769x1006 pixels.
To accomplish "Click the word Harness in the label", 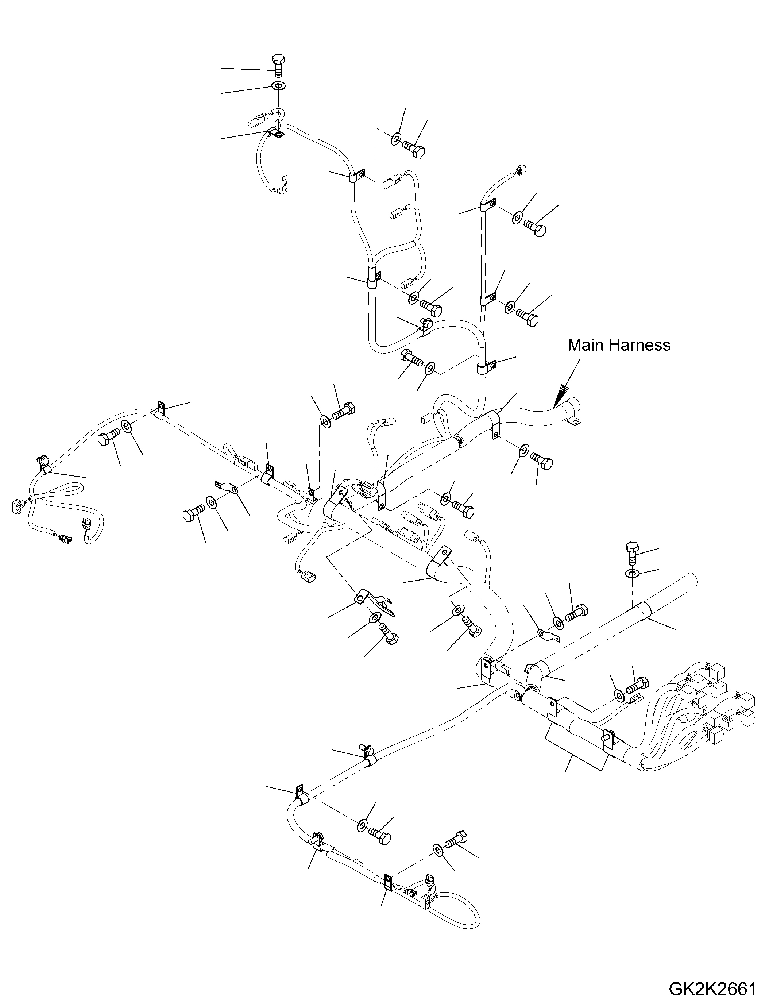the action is coord(641,345).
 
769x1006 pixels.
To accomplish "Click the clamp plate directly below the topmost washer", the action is coord(275,133).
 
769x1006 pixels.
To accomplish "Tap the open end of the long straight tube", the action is coord(692,582).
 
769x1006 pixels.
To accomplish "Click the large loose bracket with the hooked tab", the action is coord(374,602).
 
